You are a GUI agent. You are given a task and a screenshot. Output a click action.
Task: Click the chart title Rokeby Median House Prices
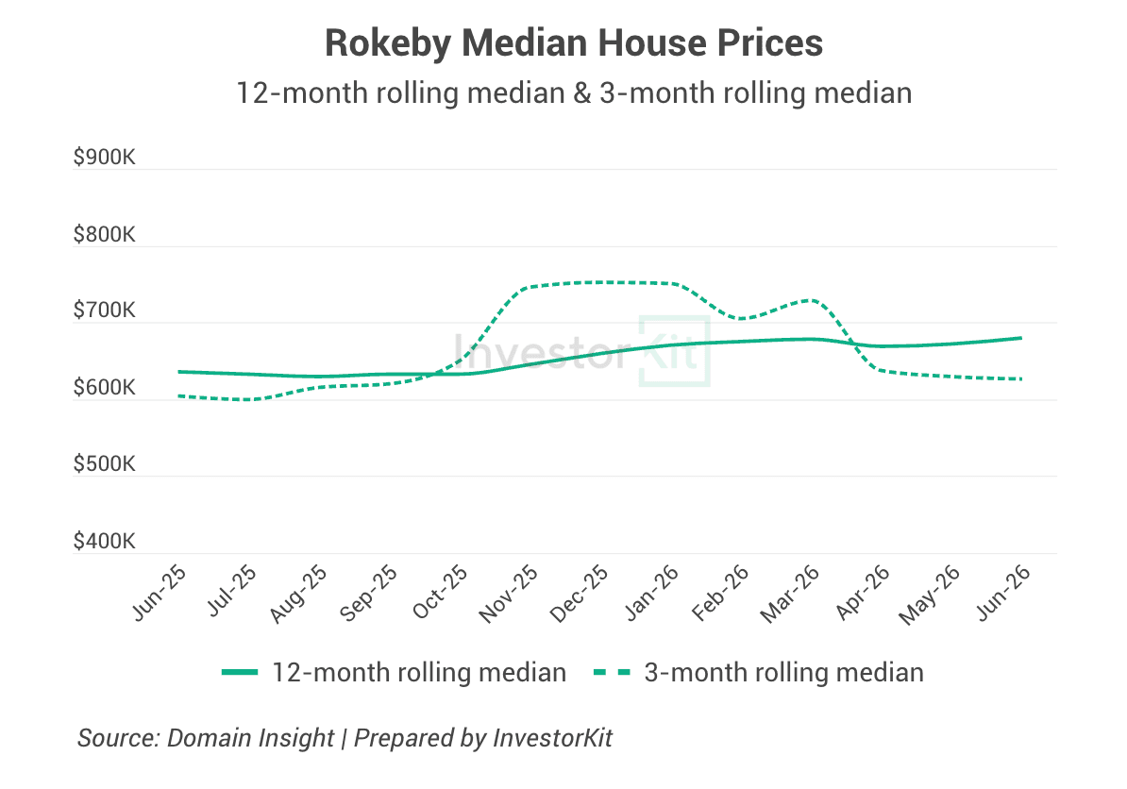574,43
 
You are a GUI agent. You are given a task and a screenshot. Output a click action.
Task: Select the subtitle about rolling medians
574,93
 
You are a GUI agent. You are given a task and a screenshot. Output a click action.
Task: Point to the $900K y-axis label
104,158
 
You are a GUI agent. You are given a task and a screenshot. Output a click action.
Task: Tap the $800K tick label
104,234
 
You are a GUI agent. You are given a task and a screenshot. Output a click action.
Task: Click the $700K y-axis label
104,311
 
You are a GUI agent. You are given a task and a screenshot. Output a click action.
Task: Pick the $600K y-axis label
104,387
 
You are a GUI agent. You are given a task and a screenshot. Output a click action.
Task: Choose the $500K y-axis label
104,464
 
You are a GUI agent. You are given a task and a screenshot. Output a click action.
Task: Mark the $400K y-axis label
104,541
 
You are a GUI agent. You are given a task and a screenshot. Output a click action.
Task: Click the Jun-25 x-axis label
160,593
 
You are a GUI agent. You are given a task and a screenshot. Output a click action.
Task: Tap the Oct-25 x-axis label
440,593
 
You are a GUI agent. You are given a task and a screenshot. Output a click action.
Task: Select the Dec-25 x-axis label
580,594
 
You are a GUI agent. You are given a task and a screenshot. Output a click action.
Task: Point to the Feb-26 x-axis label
720,593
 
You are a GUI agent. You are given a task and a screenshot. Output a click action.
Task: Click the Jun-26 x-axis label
1003,593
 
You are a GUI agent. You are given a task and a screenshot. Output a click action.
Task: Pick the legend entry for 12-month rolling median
394,673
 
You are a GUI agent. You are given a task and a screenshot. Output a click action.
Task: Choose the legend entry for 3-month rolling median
758,673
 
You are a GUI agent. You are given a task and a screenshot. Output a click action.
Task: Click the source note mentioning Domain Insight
345,738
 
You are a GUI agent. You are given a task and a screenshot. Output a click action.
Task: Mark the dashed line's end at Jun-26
1020,378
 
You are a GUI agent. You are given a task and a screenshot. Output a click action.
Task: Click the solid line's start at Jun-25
179,372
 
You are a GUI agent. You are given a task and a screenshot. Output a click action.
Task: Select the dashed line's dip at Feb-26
740,318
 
